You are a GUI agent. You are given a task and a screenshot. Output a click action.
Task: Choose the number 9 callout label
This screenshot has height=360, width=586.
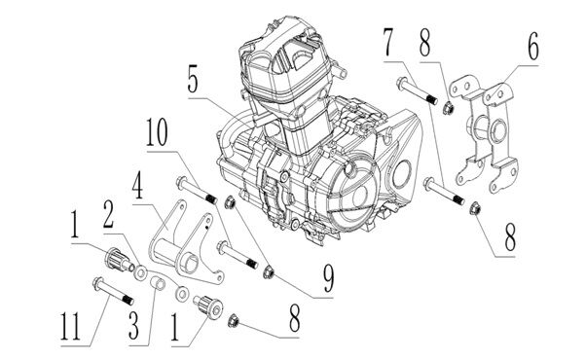pyautogui.click(x=328, y=278)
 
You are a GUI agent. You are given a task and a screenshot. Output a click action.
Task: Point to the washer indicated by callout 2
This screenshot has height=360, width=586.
pyautogui.click(x=142, y=272)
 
